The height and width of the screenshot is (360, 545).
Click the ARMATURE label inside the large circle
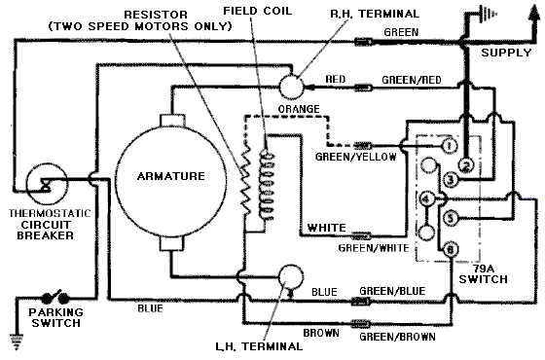click(171, 176)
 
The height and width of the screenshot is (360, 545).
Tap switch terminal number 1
click(449, 146)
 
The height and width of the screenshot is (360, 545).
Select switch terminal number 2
click(466, 165)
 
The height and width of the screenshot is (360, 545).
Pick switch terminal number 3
click(451, 180)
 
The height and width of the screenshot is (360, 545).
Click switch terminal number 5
click(451, 218)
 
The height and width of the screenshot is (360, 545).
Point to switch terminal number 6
click(451, 249)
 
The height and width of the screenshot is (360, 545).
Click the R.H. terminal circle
click(291, 87)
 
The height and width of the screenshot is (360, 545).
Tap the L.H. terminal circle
click(291, 277)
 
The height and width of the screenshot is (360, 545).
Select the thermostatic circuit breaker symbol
click(47, 184)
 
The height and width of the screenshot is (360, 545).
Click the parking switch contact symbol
click(55, 297)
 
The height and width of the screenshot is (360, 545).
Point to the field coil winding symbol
click(267, 185)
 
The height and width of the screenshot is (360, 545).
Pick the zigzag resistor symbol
click(245, 181)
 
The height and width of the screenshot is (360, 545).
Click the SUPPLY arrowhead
click(532, 11)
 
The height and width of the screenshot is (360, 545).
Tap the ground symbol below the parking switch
click(17, 342)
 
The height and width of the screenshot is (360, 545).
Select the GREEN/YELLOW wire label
click(355, 157)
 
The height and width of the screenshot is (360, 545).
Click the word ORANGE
click(299, 109)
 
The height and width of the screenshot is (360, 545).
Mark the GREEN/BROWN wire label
click(397, 337)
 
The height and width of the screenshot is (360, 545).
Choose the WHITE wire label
click(327, 228)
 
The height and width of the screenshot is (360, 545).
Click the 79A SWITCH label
click(483, 273)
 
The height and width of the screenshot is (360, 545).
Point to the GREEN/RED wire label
click(412, 80)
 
